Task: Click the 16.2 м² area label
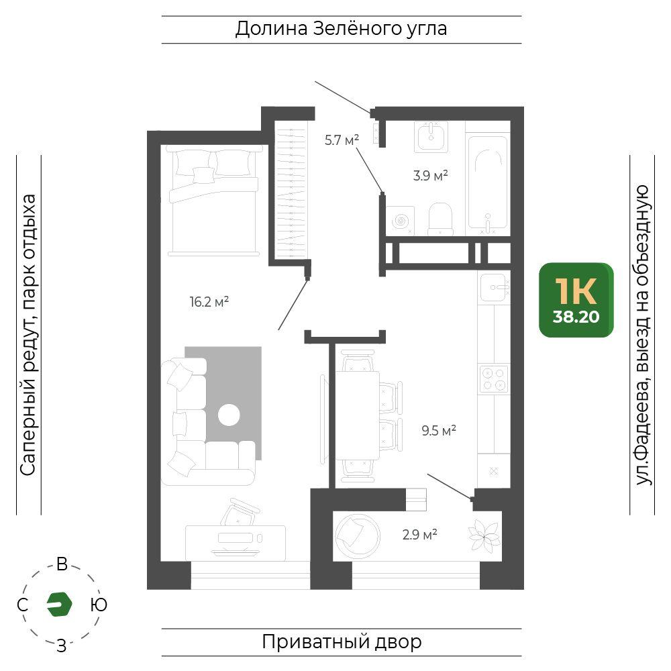click(x=209, y=302)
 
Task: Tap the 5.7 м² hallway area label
click(x=342, y=140)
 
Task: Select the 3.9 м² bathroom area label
click(x=430, y=175)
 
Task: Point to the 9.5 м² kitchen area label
click(x=439, y=430)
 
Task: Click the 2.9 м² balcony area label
click(x=419, y=535)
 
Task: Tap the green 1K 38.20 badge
click(x=576, y=300)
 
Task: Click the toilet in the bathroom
click(x=440, y=219)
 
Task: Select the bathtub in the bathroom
click(x=488, y=184)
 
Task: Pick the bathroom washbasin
click(x=431, y=136)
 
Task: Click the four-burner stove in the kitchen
click(x=495, y=379)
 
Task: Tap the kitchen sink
click(x=495, y=287)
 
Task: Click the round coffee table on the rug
click(x=229, y=415)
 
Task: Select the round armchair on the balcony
click(x=358, y=535)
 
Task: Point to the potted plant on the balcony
click(x=484, y=535)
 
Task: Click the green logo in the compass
click(x=59, y=605)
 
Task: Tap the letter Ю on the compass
click(x=99, y=605)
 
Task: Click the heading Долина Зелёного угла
click(x=341, y=29)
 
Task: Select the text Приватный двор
click(x=342, y=642)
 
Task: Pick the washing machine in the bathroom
click(x=400, y=220)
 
